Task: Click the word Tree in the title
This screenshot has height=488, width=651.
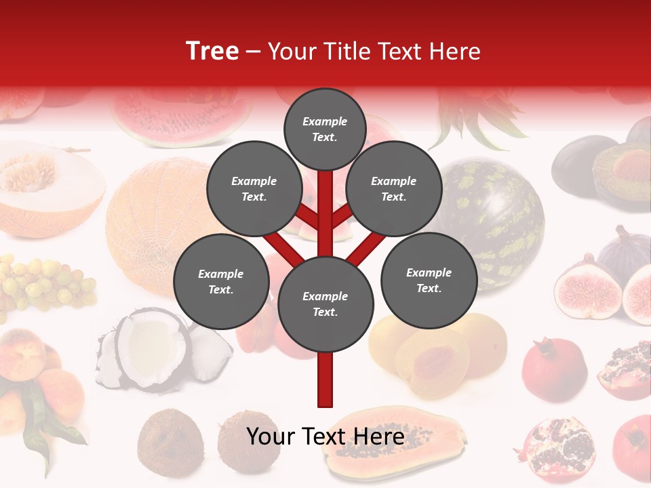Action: pyautogui.click(x=212, y=52)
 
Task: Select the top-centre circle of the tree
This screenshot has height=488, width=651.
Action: pyautogui.click(x=325, y=129)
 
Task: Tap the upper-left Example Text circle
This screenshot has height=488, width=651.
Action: pyautogui.click(x=254, y=188)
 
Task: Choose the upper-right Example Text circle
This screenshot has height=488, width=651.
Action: pyautogui.click(x=393, y=188)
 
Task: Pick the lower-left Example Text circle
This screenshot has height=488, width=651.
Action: pyautogui.click(x=221, y=281)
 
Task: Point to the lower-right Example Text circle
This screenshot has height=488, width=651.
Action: pyautogui.click(x=429, y=280)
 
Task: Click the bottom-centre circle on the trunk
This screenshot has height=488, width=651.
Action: pyautogui.click(x=325, y=304)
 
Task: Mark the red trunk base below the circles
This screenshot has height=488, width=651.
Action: pyautogui.click(x=325, y=380)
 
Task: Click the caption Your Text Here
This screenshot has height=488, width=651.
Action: pyautogui.click(x=325, y=436)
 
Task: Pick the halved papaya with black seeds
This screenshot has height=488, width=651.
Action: pyautogui.click(x=393, y=441)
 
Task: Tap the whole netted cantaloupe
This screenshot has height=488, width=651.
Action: pyautogui.click(x=156, y=217)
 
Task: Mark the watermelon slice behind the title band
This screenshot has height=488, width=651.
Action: pyautogui.click(x=180, y=115)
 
